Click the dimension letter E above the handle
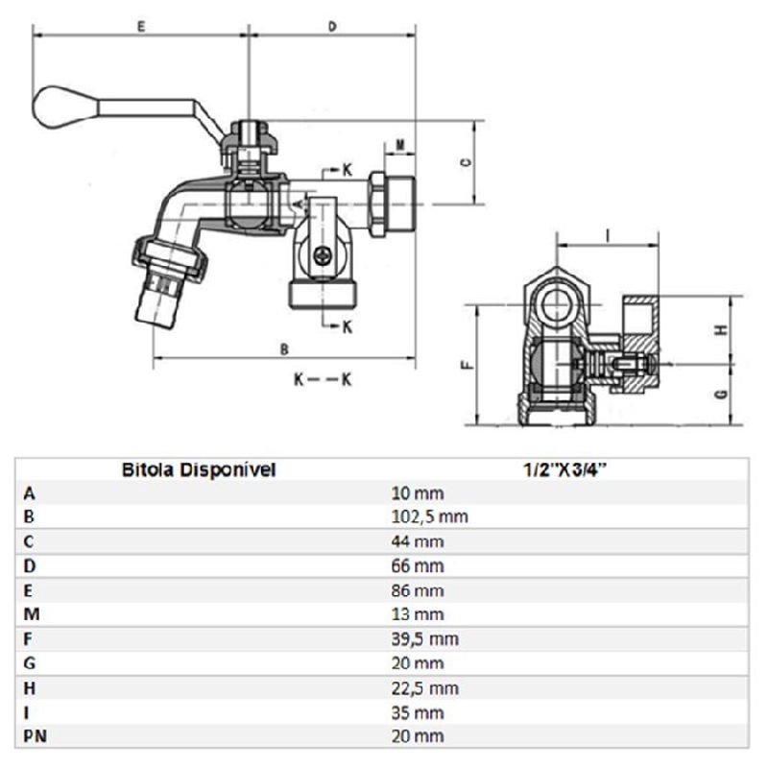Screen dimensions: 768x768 coord(141,27)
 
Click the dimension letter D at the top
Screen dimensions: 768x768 coord(332,27)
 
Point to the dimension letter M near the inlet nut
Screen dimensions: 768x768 coord(400,145)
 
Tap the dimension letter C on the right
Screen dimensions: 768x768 coord(467,162)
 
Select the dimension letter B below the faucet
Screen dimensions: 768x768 coord(284,348)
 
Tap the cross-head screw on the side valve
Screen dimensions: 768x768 coord(323,255)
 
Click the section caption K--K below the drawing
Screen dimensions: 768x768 coord(323,378)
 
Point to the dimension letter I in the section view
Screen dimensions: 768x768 coord(608,235)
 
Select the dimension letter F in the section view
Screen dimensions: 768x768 coord(468,365)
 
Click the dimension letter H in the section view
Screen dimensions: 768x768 coord(721,330)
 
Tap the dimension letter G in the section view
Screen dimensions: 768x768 coord(721,394)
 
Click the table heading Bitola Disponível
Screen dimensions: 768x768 coord(199,469)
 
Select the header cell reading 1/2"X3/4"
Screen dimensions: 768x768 coord(564,469)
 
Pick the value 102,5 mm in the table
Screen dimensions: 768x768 coord(429,516)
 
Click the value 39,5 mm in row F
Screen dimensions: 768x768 coord(425,639)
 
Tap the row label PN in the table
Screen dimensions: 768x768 coord(36,736)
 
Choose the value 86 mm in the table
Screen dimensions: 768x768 coord(418,590)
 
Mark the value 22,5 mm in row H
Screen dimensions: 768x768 coord(425,688)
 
